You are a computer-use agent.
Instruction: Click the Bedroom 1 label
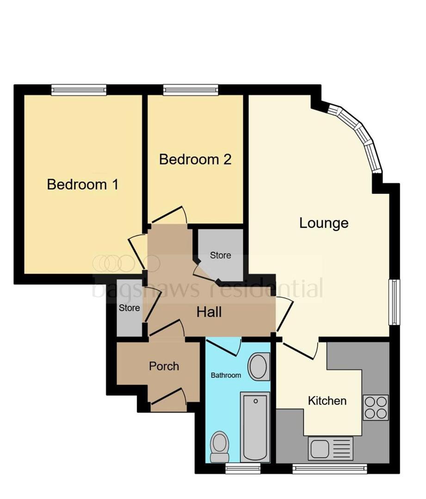point(82,184)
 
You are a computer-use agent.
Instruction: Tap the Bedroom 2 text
point(195,159)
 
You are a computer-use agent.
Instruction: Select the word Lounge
point(324,224)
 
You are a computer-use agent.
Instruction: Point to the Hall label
point(209,312)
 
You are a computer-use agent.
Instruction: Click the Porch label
point(164,366)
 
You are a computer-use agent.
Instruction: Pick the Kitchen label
point(327,401)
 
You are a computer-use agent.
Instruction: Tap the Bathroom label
point(226,376)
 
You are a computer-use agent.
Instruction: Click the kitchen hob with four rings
point(376,408)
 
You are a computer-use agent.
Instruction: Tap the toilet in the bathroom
point(220,447)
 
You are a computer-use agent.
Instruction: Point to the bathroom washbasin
point(259,366)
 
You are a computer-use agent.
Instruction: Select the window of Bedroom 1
point(79,90)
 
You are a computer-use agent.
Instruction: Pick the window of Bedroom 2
point(191,90)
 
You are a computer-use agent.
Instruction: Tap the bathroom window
point(243,468)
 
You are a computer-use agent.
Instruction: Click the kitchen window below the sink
point(330,468)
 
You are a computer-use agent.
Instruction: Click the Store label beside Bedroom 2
point(221,255)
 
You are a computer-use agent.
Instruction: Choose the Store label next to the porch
point(130,308)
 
